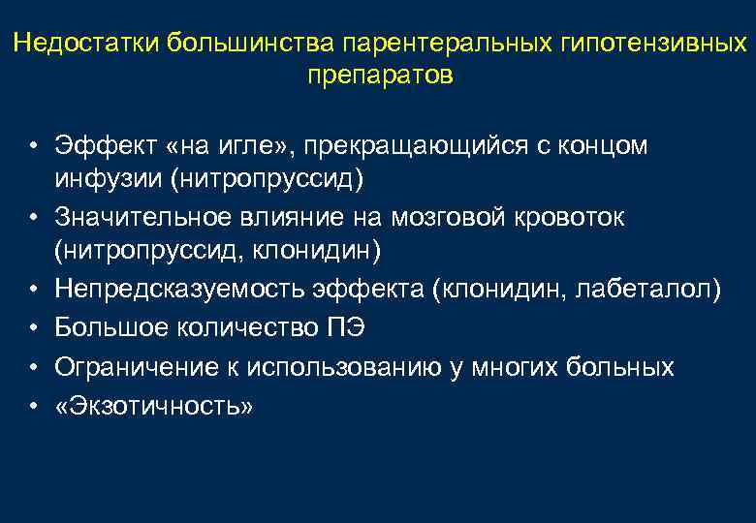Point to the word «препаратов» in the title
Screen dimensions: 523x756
click(379, 76)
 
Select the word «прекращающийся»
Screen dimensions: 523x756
click(411, 146)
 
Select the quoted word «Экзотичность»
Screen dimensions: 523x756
click(155, 407)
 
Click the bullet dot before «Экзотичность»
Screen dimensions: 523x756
click(32, 407)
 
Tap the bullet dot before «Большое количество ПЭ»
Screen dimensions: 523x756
click(32, 328)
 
